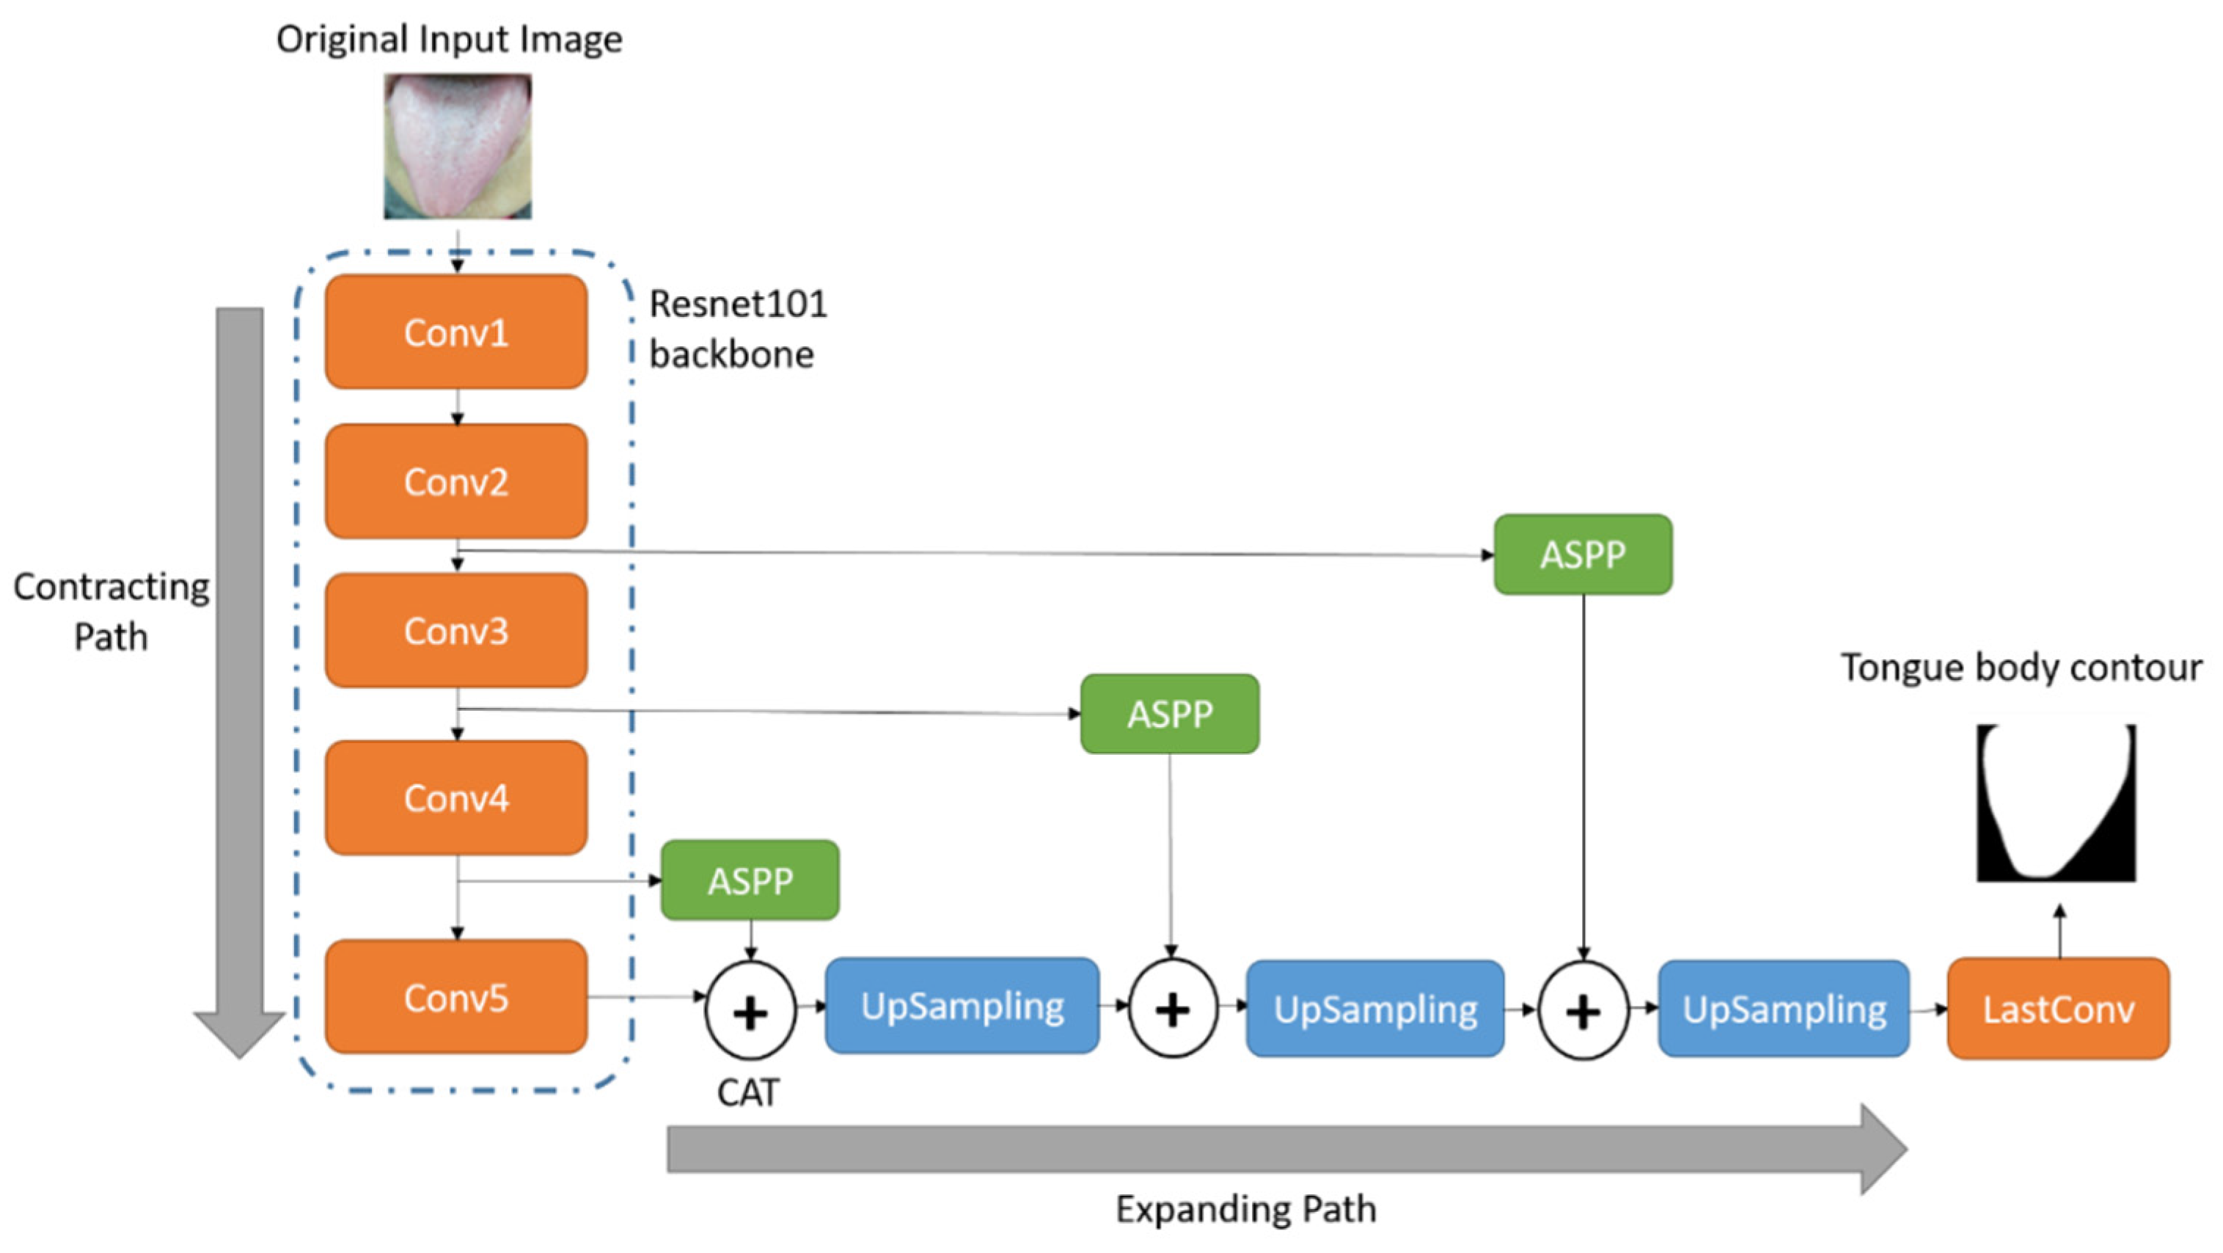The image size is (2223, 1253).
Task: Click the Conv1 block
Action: pos(455,332)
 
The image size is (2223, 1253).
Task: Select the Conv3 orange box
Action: pos(455,631)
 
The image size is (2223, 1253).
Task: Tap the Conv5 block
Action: pos(455,998)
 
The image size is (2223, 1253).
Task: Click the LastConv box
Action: pos(2057,1008)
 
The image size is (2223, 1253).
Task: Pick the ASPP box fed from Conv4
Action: pos(749,880)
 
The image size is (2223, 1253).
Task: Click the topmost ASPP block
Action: pos(1583,554)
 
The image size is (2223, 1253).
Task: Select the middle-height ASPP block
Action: pos(1169,714)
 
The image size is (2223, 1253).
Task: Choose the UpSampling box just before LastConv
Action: pos(1783,1008)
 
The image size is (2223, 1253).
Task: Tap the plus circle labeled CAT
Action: pos(749,1012)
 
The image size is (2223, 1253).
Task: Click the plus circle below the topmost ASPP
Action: pos(1583,1012)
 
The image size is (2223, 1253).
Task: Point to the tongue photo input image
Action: pos(458,145)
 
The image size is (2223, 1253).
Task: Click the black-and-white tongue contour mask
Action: pos(2056,803)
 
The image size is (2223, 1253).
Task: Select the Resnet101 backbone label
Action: pos(737,329)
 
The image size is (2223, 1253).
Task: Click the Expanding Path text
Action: pos(1245,1209)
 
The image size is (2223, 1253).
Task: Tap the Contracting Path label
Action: pos(111,611)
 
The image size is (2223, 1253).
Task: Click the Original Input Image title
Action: pos(449,40)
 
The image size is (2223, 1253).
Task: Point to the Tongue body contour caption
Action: pos(2021,668)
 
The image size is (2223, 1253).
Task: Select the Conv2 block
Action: pos(455,481)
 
